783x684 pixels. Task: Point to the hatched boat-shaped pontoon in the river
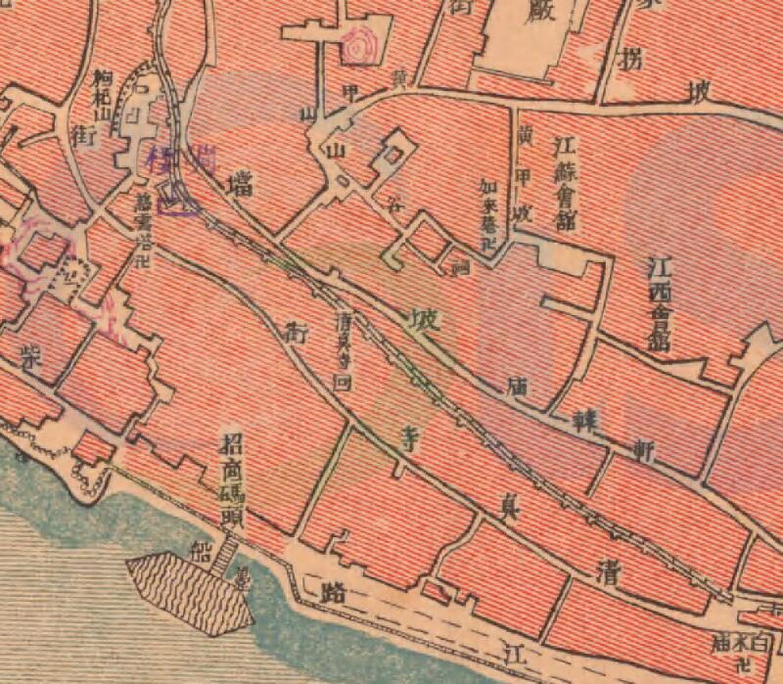coord(190,588)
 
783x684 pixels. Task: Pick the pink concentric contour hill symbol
coord(362,44)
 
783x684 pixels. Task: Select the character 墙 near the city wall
coord(235,184)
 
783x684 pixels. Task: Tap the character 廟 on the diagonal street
coord(518,388)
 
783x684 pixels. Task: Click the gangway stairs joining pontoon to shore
coord(229,555)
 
